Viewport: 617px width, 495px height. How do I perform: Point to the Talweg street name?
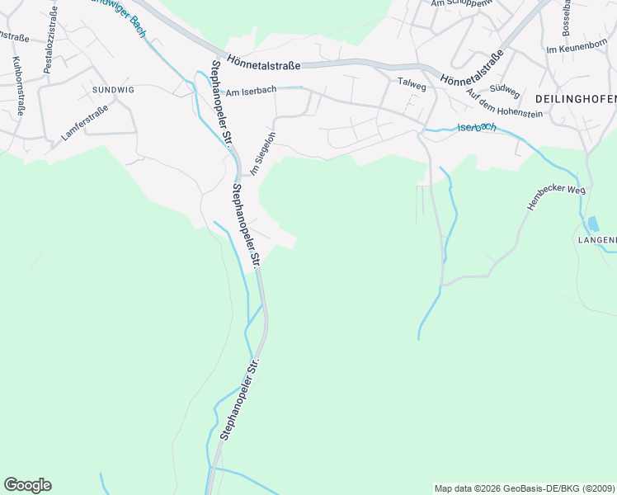tap(410, 82)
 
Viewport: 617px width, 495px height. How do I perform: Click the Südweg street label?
tap(504, 90)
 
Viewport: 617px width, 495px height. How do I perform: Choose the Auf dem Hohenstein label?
tap(504, 103)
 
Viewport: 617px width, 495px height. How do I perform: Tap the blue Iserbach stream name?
tap(477, 127)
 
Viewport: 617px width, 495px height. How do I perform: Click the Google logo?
tap(27, 485)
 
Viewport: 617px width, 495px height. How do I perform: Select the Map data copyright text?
tap(525, 488)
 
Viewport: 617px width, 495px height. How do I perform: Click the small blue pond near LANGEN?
tap(593, 224)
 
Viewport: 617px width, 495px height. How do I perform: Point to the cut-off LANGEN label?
tap(596, 240)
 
